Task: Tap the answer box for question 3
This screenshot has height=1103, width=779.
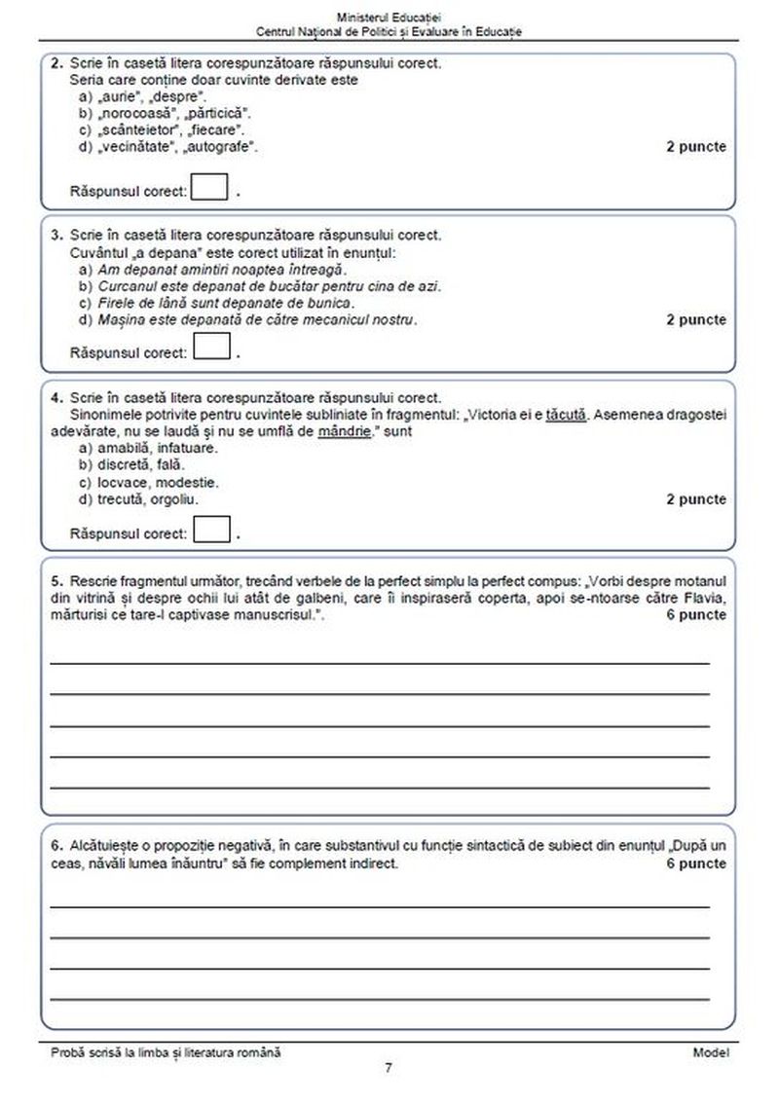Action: [211, 347]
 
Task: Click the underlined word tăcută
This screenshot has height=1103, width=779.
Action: [566, 415]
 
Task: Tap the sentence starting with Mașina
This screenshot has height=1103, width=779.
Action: [257, 319]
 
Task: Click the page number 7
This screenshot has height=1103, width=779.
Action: [389, 1068]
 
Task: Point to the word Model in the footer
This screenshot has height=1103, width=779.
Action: [710, 1052]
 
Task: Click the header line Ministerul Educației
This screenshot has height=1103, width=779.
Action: [389, 18]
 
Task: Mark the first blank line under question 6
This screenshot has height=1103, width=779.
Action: [380, 905]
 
